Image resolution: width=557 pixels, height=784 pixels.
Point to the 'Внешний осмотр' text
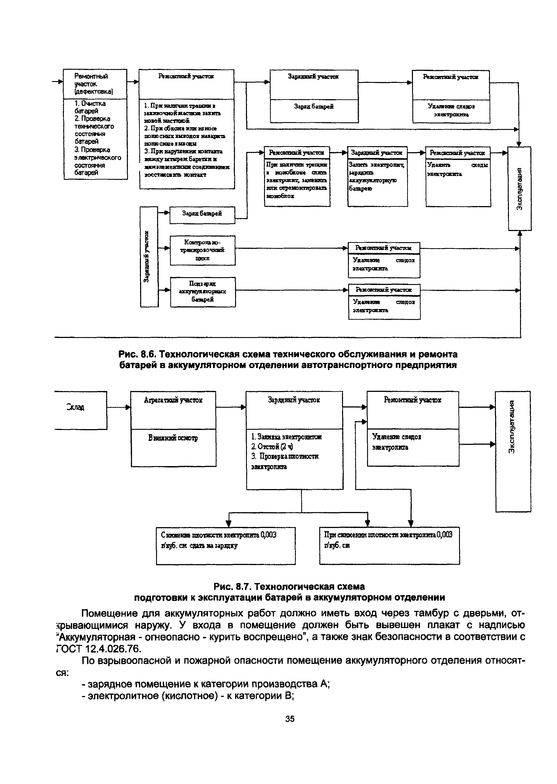173,438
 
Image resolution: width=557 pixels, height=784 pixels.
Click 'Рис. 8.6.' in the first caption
137,354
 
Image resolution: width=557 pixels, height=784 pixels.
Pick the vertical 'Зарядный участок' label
147,257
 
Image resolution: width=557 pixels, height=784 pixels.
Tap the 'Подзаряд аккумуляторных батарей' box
203,292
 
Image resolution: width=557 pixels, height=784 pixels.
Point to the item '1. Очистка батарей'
90,107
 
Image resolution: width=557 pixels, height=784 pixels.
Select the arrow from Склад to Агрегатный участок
119,407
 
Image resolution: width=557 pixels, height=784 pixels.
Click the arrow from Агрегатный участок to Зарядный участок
231,407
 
